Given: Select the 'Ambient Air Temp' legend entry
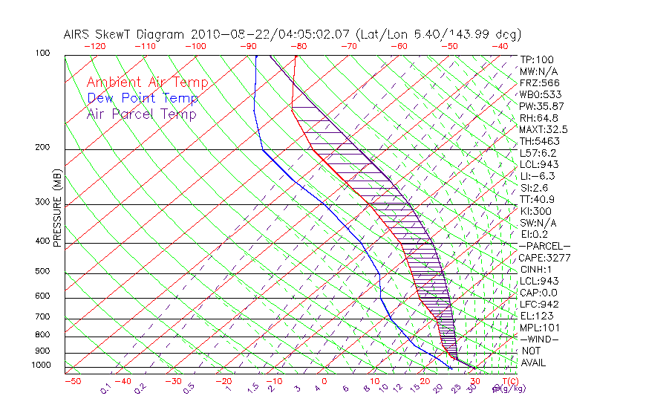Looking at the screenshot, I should point(148,82).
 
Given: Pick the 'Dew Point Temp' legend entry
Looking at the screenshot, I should point(143,98).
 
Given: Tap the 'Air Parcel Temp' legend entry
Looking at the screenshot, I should point(142,114).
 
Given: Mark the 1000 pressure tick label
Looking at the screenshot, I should point(42,365).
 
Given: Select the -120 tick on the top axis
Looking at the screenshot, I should point(95,46).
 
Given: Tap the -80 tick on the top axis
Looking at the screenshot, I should point(298,46).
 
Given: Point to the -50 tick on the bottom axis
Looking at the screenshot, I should point(72,381).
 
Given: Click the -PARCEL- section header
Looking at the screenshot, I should point(544,246).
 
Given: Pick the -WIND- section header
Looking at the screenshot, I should point(538,339).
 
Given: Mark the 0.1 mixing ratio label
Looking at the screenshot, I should point(106,388).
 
